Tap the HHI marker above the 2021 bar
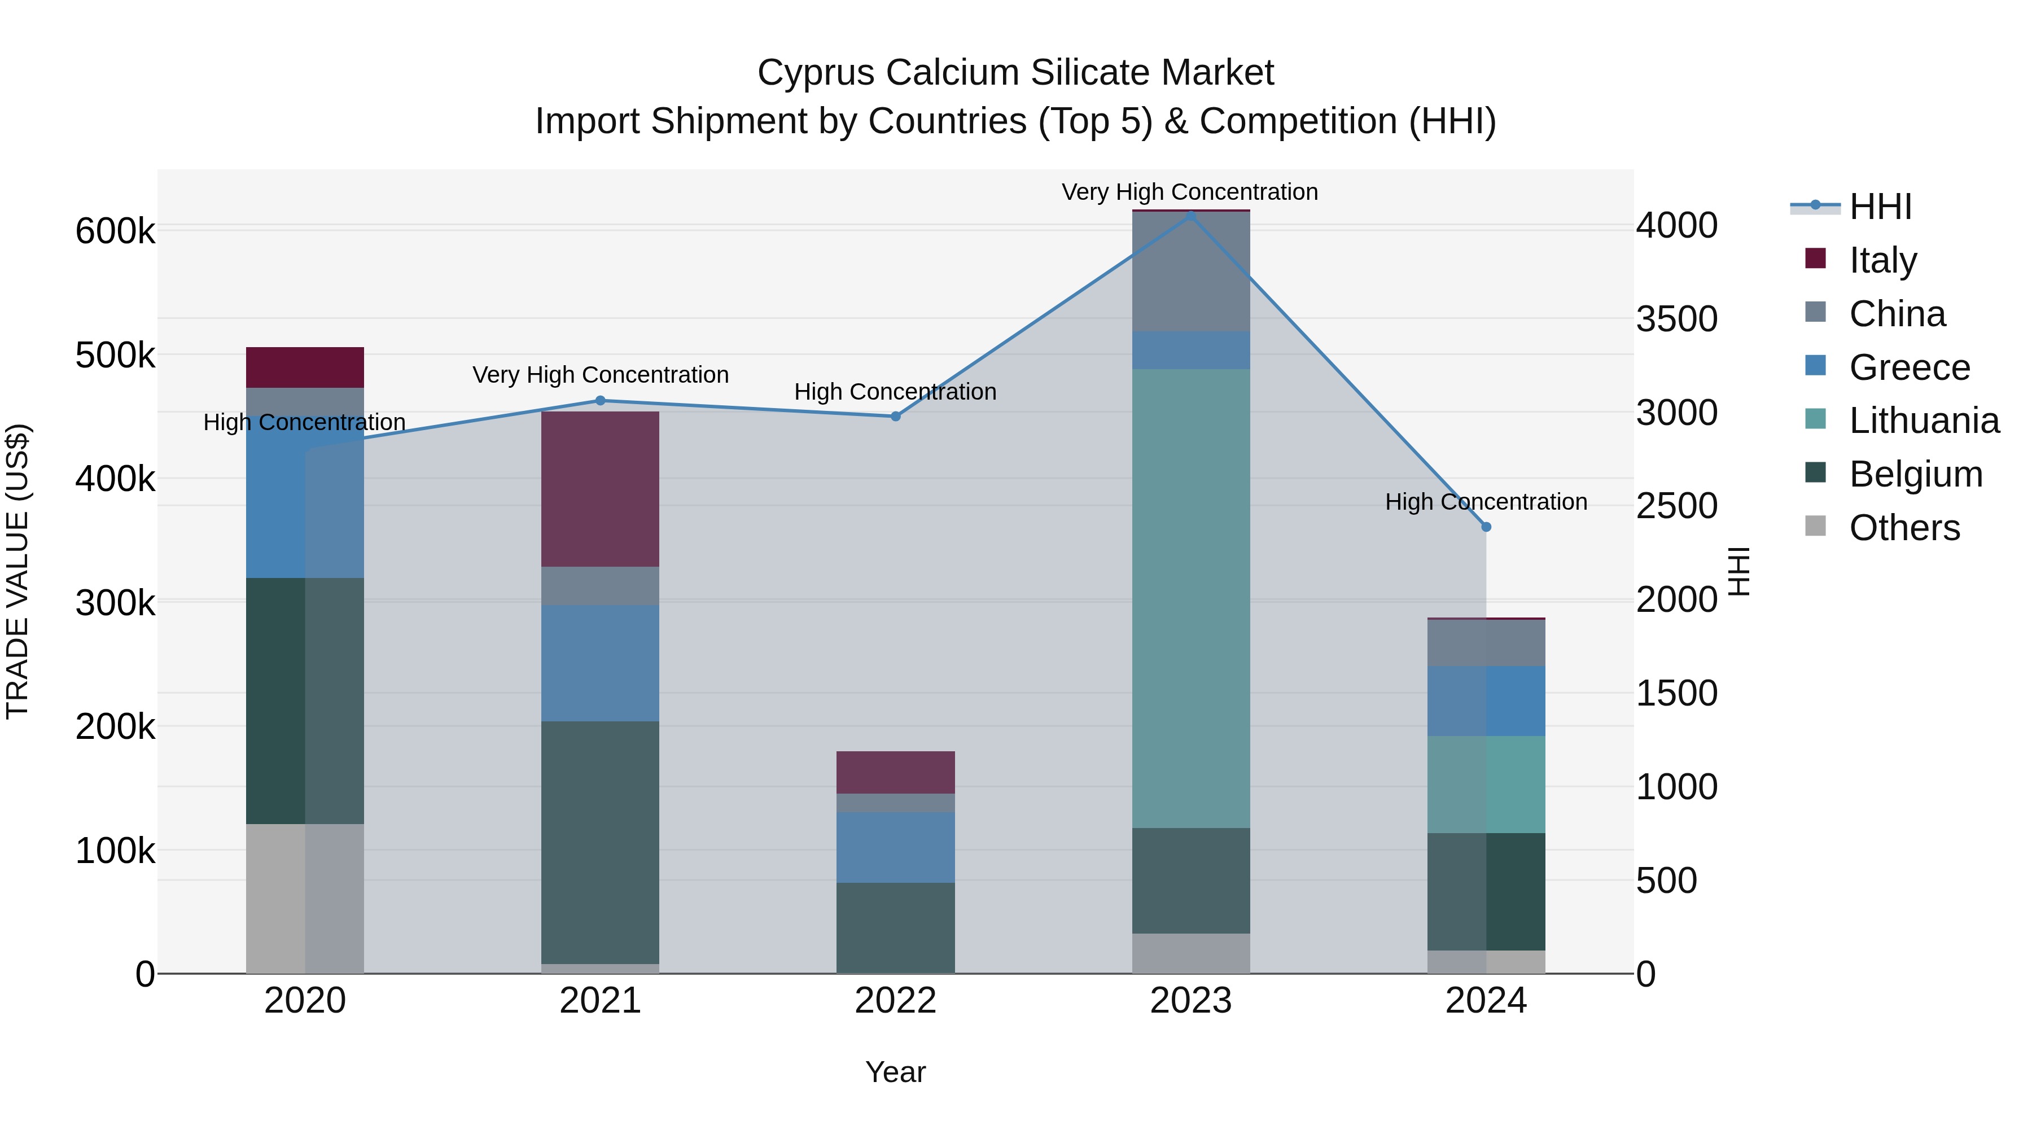[x=601, y=401]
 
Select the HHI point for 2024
[x=1486, y=527]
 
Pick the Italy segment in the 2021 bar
[x=601, y=489]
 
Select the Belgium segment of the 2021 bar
[x=601, y=843]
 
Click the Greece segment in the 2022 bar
[x=895, y=847]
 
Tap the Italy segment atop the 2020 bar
[x=305, y=367]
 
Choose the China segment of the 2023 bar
[x=1191, y=272]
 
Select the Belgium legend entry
[x=1915, y=475]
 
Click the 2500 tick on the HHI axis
[x=1677, y=506]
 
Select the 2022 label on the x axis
[x=895, y=1001]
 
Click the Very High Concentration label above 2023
[x=1189, y=192]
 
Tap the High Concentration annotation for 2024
[x=1486, y=502]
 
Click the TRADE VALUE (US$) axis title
[x=17, y=571]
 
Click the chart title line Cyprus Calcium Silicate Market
[x=1015, y=73]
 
